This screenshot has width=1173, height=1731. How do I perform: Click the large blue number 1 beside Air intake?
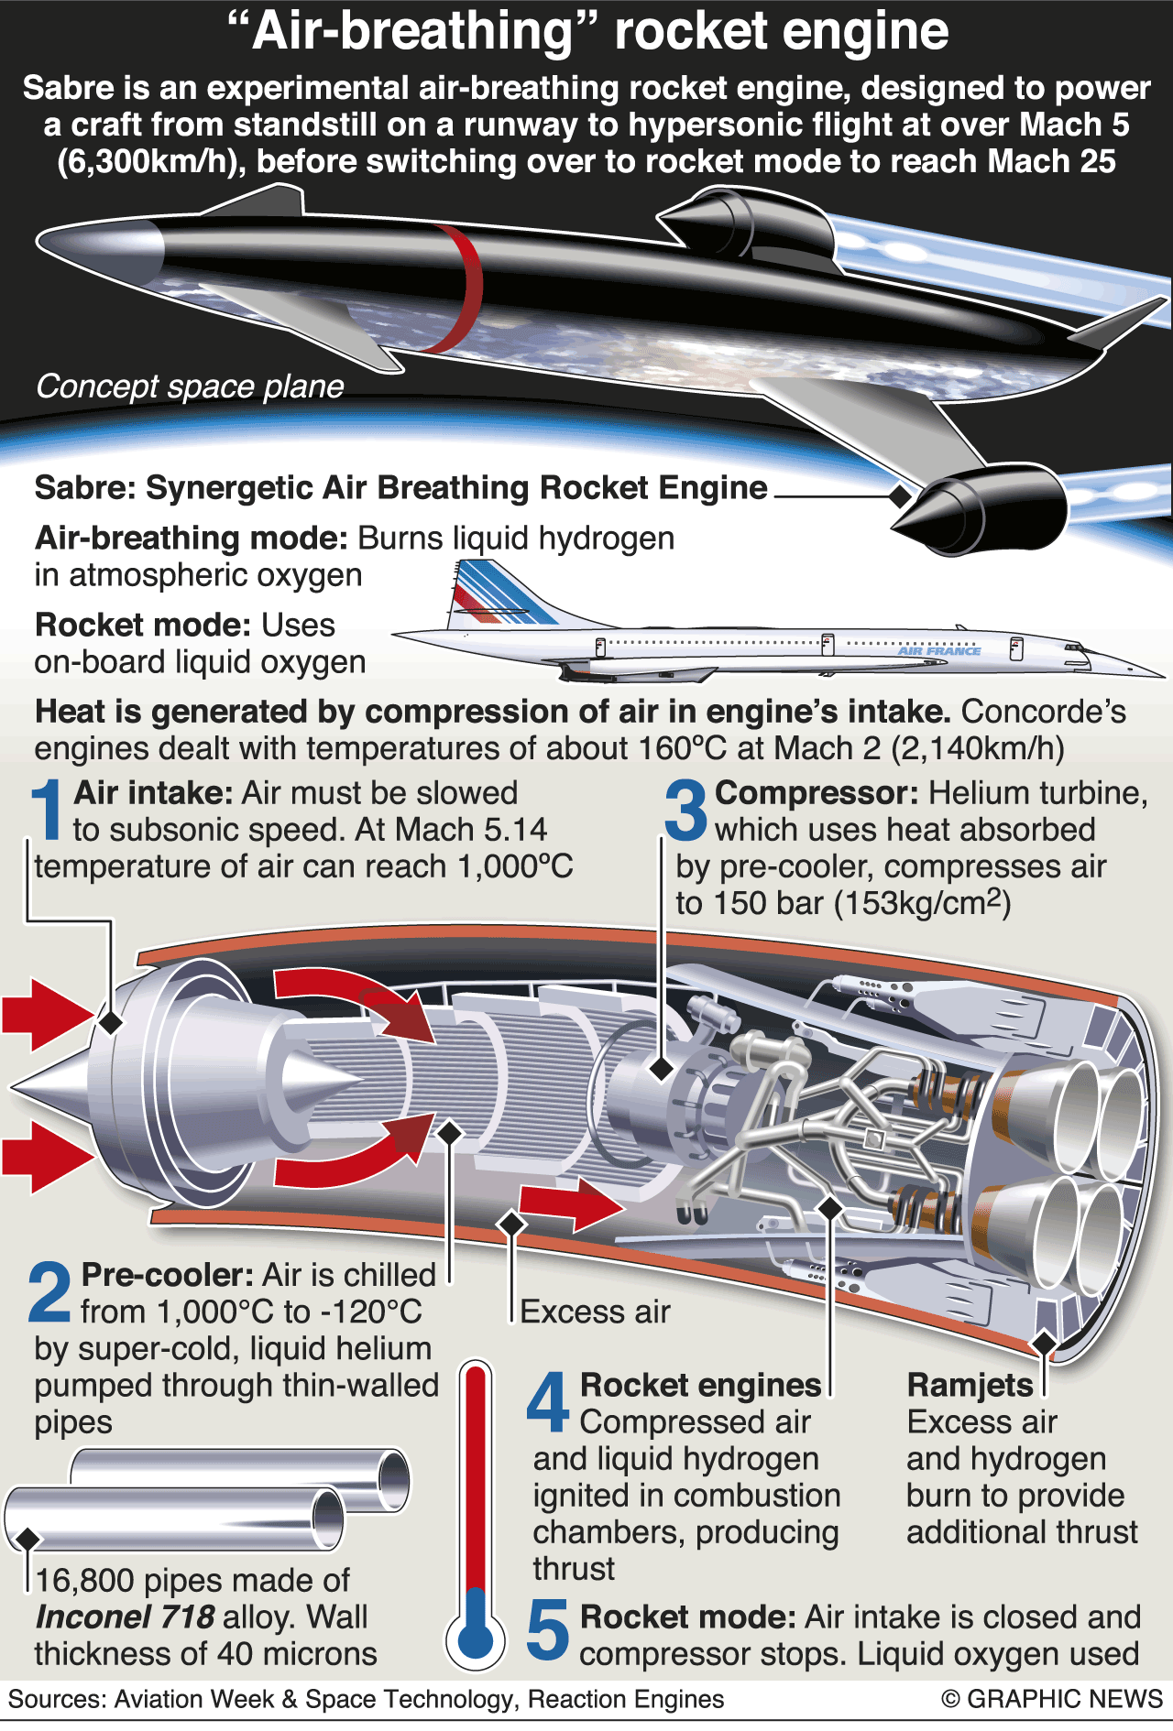tap(47, 810)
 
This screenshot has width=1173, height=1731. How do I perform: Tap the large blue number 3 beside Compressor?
tap(686, 810)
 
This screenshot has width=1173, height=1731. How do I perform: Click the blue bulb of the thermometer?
tap(475, 1638)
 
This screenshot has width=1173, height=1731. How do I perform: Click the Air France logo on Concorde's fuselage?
tap(939, 651)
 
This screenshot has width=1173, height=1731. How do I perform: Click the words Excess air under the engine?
tap(595, 1312)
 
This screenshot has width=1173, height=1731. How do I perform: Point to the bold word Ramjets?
tap(970, 1385)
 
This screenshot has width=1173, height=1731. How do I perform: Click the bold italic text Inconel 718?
tap(125, 1617)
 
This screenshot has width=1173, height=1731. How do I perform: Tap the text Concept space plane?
tap(190, 386)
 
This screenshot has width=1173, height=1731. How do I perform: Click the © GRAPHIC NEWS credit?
tap(1052, 1700)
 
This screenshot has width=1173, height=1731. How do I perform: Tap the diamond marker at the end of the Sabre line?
tap(901, 495)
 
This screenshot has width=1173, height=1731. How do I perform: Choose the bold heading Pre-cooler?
tap(166, 1275)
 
